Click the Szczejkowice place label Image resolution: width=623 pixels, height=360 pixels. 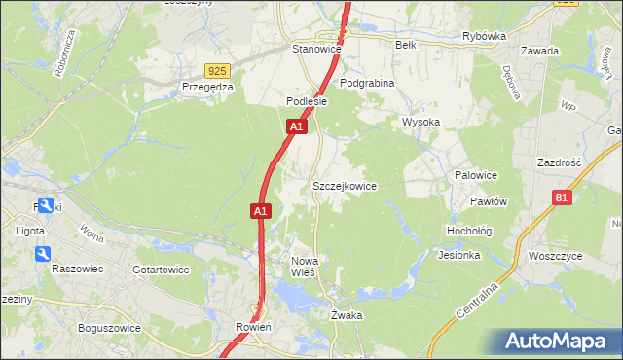tap(344, 186)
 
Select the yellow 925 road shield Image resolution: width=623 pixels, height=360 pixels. tap(217, 71)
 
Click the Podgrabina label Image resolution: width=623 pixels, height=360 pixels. tap(367, 84)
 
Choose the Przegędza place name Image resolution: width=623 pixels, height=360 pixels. tap(208, 87)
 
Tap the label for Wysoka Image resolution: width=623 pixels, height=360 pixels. tap(421, 122)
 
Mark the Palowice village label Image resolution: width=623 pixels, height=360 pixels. tap(476, 175)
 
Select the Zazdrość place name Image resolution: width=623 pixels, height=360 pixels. tap(559, 162)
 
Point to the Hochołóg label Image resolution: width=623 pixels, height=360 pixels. tap(468, 231)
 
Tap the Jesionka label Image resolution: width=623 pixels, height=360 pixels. tap(459, 256)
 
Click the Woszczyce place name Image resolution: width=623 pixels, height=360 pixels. tap(554, 256)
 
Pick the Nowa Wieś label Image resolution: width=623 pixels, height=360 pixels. tap(306, 267)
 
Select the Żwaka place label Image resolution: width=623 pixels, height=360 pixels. tap(347, 316)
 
